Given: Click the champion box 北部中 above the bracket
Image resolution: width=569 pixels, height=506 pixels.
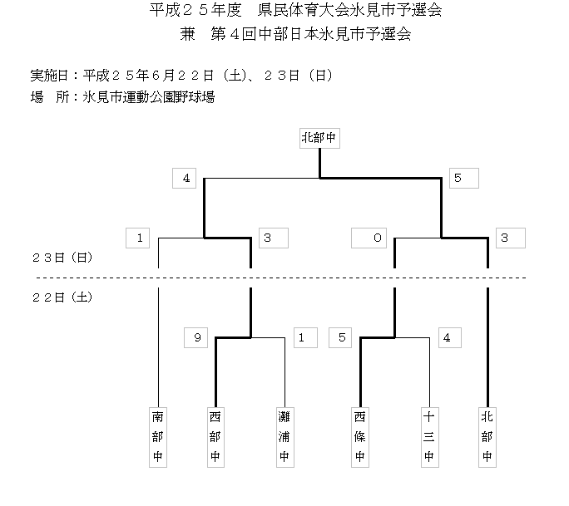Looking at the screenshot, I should point(320,138).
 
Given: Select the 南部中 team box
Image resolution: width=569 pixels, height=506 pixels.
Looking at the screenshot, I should point(158,435).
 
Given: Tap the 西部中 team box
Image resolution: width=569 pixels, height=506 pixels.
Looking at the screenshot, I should point(215,435).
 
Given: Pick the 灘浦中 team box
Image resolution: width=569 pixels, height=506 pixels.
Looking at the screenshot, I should point(284,435).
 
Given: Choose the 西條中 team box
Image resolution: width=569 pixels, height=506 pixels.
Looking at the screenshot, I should point(359,435).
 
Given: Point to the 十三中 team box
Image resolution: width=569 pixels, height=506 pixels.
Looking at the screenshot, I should point(429,435).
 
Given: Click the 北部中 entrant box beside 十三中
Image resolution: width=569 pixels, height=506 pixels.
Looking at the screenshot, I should point(487,435).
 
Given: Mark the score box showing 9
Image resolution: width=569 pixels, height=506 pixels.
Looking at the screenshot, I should point(196,337).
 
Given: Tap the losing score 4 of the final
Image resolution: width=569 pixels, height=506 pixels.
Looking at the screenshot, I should point(186,178).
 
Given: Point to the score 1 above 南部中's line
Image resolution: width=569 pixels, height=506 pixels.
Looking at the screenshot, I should point(139,238).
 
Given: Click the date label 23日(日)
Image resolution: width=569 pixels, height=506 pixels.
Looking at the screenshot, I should point(62,258).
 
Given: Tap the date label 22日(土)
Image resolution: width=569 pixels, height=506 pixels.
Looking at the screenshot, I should point(62,297).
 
